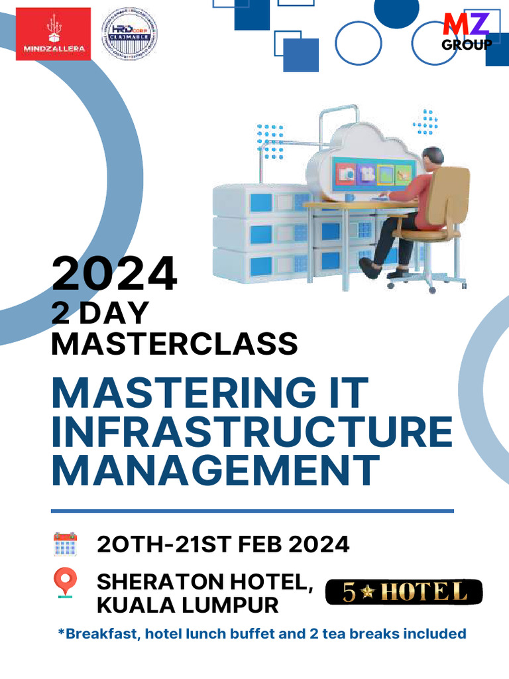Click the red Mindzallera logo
point(53,34)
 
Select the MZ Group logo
point(467,31)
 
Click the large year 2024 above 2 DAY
point(115,274)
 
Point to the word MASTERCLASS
point(174,344)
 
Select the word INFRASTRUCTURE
point(252,431)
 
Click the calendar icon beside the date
point(65,544)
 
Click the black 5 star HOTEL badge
point(404,592)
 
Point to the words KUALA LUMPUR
point(188,605)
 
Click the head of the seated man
point(432,159)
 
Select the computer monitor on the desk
point(375,174)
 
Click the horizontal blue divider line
point(252,511)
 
